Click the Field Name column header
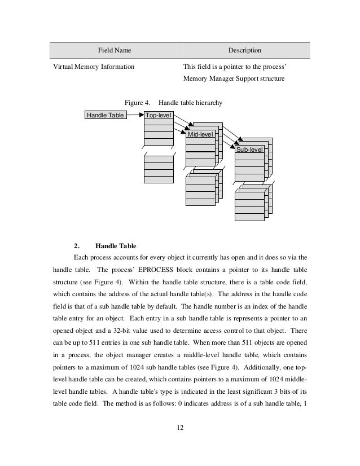(115, 51)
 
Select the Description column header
(244, 51)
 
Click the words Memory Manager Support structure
(234, 79)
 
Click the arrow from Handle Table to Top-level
(134, 116)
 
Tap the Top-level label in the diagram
(159, 116)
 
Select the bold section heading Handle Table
(116, 245)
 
